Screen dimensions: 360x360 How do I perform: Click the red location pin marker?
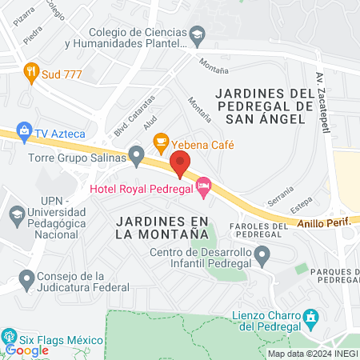coord(179,163)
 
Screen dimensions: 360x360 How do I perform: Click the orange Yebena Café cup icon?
coord(161,142)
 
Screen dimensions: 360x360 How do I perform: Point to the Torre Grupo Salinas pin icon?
coord(137,152)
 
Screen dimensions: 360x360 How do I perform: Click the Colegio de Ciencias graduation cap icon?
coord(197,35)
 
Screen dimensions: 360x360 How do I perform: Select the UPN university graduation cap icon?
coord(16,214)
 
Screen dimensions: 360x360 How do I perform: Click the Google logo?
coord(26,350)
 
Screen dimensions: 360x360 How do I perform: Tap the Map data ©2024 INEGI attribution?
coord(311,354)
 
